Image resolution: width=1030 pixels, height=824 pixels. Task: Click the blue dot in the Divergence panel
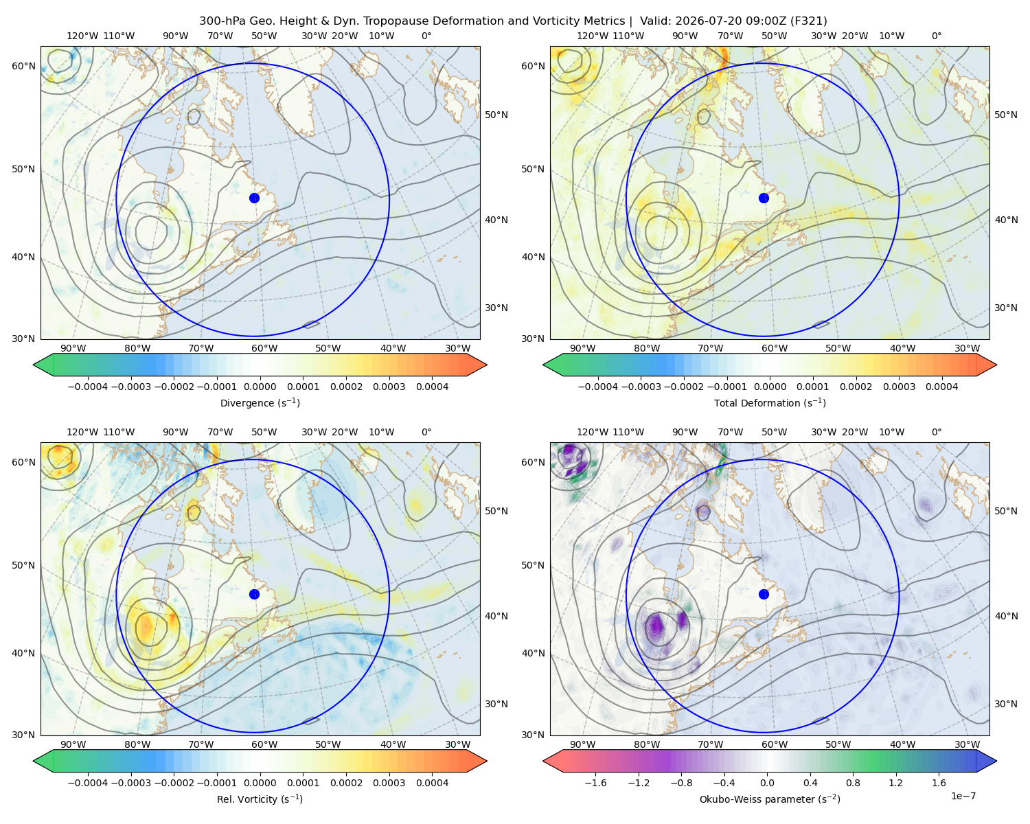pyautogui.click(x=254, y=198)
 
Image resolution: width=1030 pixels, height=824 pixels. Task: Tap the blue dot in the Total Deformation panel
pyautogui.click(x=764, y=198)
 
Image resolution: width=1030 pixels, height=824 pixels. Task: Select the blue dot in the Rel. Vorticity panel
pyautogui.click(x=254, y=594)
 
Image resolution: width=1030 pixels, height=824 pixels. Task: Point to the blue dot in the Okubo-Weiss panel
pyautogui.click(x=764, y=594)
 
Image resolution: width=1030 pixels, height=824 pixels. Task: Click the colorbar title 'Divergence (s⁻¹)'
pyautogui.click(x=260, y=402)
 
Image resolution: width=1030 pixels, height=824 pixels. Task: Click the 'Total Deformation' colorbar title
pyautogui.click(x=770, y=402)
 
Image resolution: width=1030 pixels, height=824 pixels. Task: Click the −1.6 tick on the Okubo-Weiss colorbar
pyautogui.click(x=595, y=783)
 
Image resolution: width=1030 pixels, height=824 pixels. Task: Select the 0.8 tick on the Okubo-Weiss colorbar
pyautogui.click(x=853, y=783)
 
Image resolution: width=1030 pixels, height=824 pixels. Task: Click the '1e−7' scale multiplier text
pyautogui.click(x=963, y=796)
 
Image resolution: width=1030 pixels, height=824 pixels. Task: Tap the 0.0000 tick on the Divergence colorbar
pyautogui.click(x=260, y=387)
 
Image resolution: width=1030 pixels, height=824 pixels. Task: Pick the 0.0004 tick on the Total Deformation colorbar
pyautogui.click(x=941, y=387)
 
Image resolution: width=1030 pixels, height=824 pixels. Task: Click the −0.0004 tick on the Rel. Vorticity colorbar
pyautogui.click(x=88, y=783)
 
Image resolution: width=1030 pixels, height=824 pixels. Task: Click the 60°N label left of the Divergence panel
pyautogui.click(x=23, y=66)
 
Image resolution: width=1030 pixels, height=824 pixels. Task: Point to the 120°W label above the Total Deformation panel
pyautogui.click(x=592, y=36)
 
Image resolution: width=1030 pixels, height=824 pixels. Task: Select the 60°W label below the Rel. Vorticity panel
pyautogui.click(x=264, y=744)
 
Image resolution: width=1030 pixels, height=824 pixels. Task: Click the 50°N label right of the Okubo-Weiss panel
pyautogui.click(x=1005, y=511)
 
